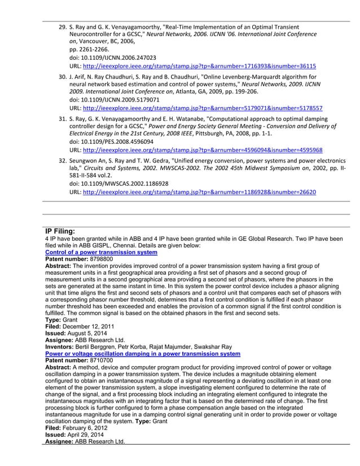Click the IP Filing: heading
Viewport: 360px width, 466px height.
tap(64, 231)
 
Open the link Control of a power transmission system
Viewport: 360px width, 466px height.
tap(101, 252)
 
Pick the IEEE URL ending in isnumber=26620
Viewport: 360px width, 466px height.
tap(199, 192)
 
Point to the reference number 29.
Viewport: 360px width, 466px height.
tap(63, 27)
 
